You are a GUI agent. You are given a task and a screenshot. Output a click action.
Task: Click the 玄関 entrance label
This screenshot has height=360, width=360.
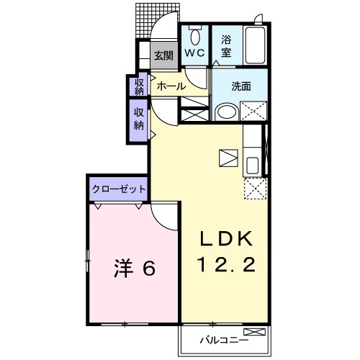[x=163, y=55]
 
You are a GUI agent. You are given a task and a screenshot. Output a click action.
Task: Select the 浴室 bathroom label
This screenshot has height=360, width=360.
[x=225, y=47]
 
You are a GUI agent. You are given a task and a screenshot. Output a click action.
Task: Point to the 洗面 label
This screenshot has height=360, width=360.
[x=241, y=86]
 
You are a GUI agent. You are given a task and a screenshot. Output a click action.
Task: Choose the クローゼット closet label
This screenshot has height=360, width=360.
[x=119, y=189]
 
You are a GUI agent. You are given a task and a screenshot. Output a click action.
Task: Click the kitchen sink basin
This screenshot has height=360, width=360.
[x=253, y=165]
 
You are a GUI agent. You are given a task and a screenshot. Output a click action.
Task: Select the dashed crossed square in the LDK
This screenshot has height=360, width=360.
[x=253, y=188]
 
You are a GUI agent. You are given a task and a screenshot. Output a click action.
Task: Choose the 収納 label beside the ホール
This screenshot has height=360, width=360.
[x=139, y=86]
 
